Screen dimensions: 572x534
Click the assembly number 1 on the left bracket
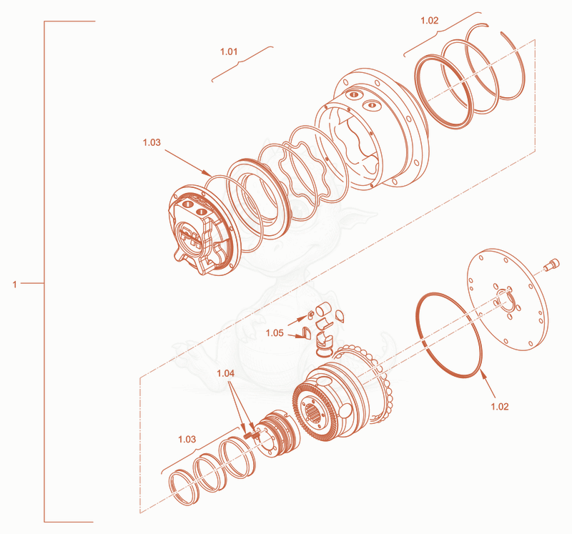point(14,284)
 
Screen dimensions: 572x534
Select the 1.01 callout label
point(229,51)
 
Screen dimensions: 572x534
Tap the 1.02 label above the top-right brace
point(430,21)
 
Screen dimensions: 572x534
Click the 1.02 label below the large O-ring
point(499,406)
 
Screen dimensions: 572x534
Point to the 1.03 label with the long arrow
point(152,142)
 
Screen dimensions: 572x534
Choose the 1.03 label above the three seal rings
point(187,439)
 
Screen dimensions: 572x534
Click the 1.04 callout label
point(225,373)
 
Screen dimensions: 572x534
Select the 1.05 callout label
point(275,332)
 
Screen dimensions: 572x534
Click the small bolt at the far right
point(551,264)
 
